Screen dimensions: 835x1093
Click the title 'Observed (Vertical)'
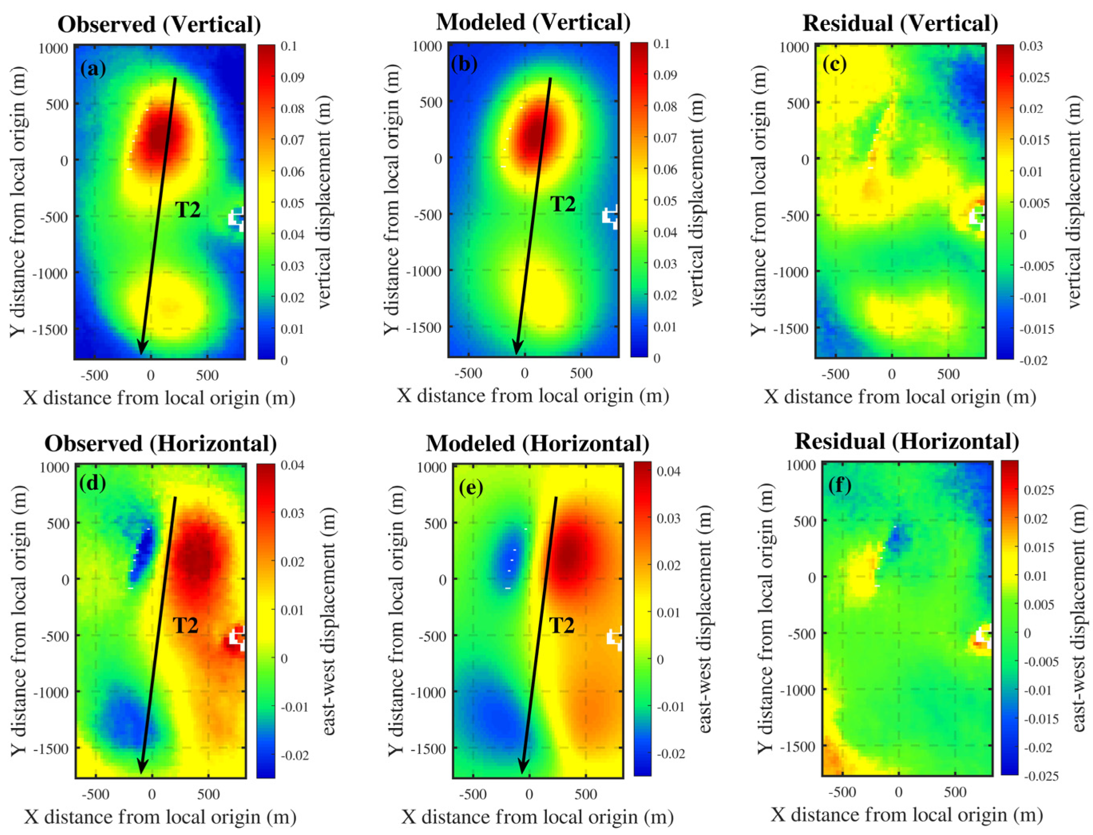[159, 24]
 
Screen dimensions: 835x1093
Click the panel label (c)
[835, 65]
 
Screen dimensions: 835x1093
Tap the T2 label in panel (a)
[188, 210]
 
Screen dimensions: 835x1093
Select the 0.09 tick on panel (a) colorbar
[292, 77]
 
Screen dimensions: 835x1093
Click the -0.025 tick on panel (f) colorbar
[1041, 776]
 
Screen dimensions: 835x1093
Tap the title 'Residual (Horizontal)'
[907, 441]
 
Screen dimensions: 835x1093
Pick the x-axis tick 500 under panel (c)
[948, 374]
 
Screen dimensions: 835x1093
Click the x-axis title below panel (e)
[537, 817]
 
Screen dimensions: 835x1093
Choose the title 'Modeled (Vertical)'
[533, 22]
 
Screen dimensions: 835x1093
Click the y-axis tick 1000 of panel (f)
[802, 465]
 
